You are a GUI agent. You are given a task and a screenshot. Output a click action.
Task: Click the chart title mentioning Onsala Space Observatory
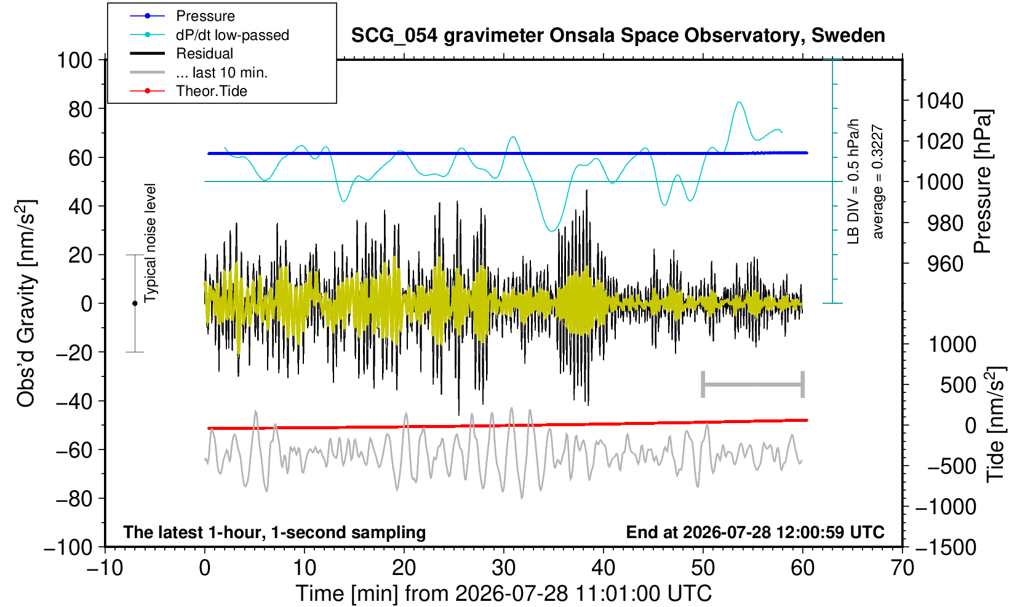tap(618, 36)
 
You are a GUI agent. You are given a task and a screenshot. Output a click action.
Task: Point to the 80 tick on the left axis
tap(81, 109)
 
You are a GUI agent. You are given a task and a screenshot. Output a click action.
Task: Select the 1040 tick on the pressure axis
tap(939, 101)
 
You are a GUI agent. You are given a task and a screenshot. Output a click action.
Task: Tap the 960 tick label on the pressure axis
tap(945, 264)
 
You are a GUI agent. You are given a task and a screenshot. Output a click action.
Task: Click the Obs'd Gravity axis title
tap(26, 303)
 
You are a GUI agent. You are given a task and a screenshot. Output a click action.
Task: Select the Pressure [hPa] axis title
tap(983, 181)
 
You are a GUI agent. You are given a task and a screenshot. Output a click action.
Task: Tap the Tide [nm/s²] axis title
tap(995, 425)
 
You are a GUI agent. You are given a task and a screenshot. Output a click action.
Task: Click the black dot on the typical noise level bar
tap(135, 303)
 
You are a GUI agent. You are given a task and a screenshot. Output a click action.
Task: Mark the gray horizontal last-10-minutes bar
tap(753, 384)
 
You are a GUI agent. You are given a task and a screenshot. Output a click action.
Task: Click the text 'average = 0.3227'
tap(877, 181)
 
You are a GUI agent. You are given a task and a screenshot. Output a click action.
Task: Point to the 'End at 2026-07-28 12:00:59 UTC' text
tap(755, 532)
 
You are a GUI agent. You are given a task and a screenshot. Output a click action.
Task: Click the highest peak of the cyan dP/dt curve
tap(739, 102)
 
